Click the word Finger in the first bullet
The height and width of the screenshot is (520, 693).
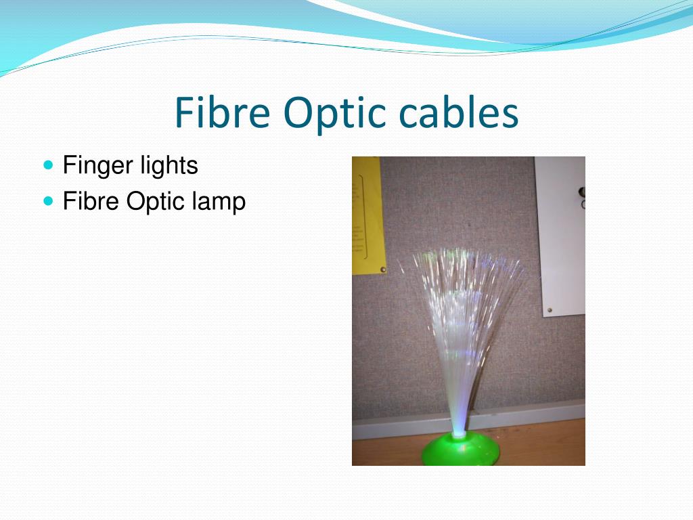pyautogui.click(x=93, y=165)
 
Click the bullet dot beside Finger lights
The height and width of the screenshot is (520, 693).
pyautogui.click(x=47, y=165)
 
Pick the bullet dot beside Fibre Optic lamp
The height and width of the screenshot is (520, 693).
pyautogui.click(x=47, y=201)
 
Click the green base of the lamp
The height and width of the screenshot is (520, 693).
pyautogui.click(x=460, y=452)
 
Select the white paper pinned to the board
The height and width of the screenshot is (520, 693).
pyautogui.click(x=559, y=237)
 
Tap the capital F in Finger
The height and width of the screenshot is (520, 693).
pyautogui.click(x=68, y=165)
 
